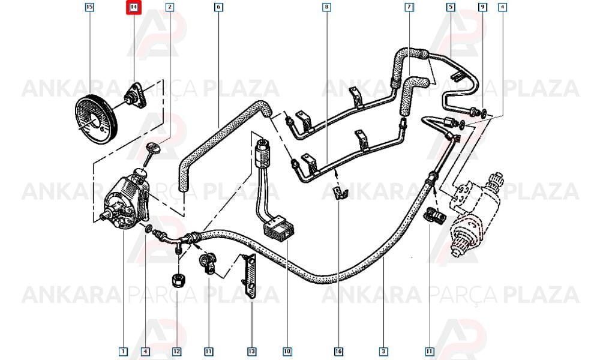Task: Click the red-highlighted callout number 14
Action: tap(134, 7)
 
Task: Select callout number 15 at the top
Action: tap(89, 7)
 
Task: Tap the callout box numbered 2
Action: tap(170, 7)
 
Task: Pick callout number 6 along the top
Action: tap(218, 7)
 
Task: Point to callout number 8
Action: tap(326, 7)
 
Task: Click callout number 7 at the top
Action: tap(409, 7)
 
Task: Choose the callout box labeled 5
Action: tap(451, 7)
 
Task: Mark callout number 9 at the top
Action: tap(482, 7)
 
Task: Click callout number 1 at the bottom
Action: tap(123, 351)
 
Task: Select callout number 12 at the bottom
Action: tap(177, 351)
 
